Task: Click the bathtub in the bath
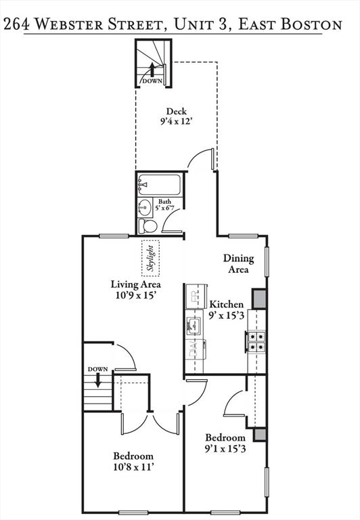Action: (160, 184)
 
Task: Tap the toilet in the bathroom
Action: (148, 226)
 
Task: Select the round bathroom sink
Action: (145, 207)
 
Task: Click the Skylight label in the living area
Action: (151, 259)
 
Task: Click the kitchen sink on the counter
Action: (194, 326)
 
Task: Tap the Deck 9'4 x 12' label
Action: (177, 116)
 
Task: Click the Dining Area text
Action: (238, 263)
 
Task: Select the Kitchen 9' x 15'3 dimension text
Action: (227, 309)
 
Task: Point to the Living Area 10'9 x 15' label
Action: (136, 290)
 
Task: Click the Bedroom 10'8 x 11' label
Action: (133, 461)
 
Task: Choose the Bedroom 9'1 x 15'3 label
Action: (225, 443)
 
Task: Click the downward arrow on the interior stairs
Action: (98, 380)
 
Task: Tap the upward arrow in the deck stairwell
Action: (152, 70)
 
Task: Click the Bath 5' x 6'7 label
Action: (164, 205)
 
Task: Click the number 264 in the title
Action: (16, 24)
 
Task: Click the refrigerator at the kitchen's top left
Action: (195, 297)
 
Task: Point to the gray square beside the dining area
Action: (259, 299)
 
